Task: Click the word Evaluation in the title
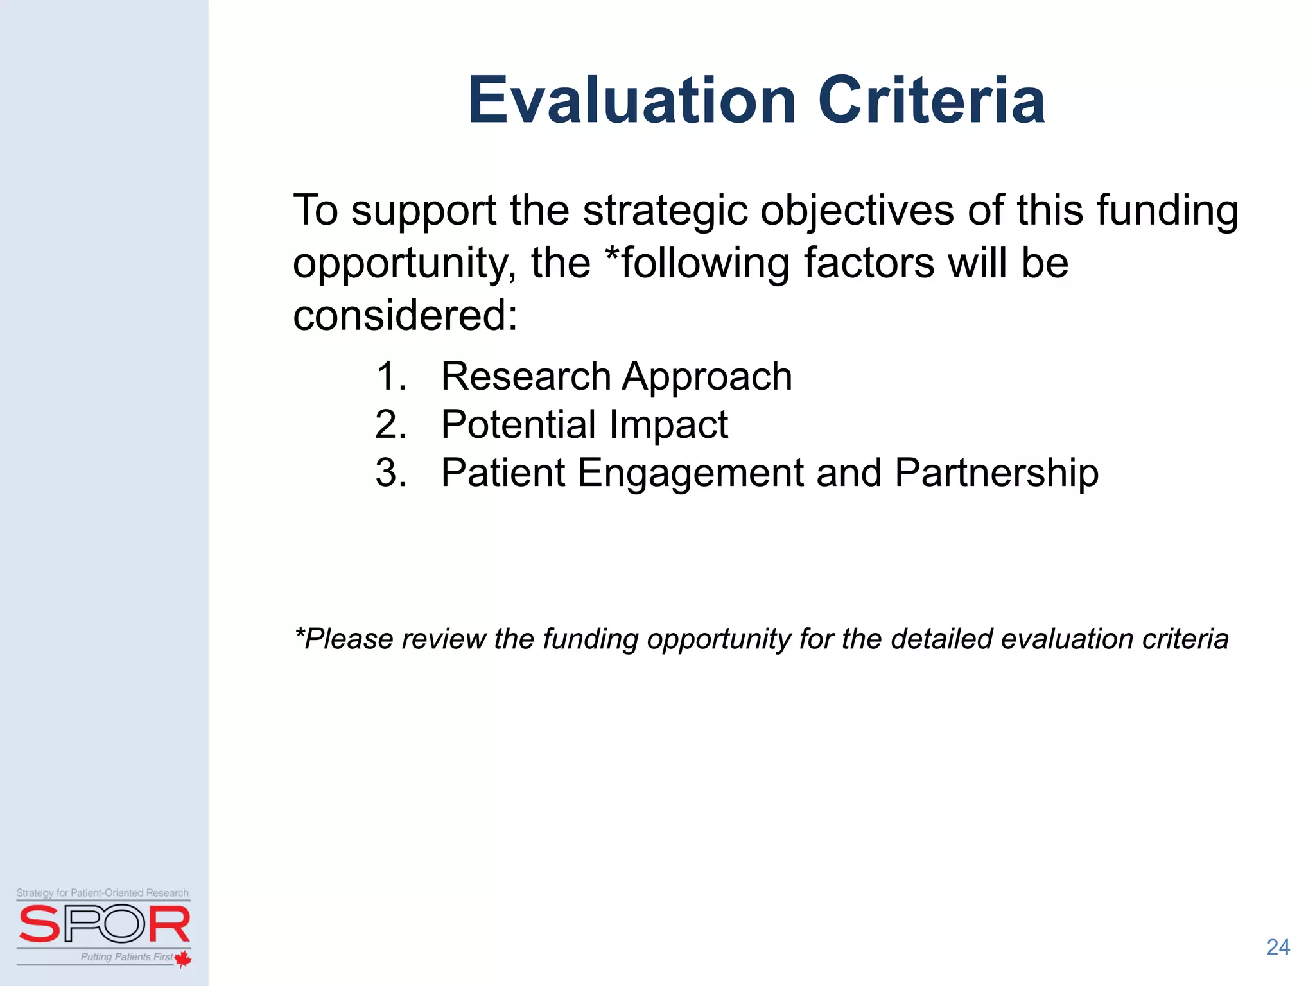(x=632, y=101)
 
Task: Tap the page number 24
(x=1278, y=947)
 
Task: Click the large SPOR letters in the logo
(x=104, y=924)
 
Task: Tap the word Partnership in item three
(x=996, y=473)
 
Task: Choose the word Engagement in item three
(x=690, y=473)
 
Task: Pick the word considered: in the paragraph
(x=405, y=316)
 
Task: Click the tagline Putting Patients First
(x=126, y=957)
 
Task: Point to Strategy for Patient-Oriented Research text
(x=103, y=893)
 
